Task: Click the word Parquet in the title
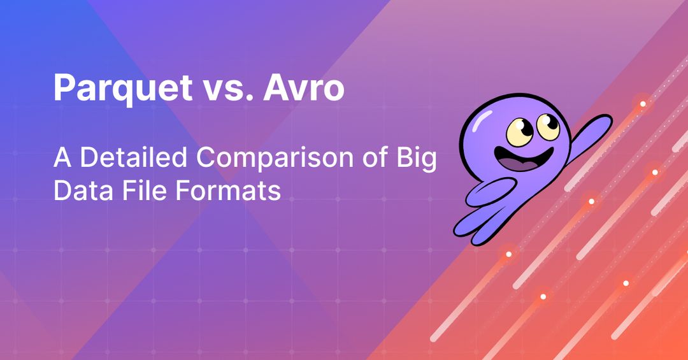117,88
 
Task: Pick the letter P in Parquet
63,88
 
